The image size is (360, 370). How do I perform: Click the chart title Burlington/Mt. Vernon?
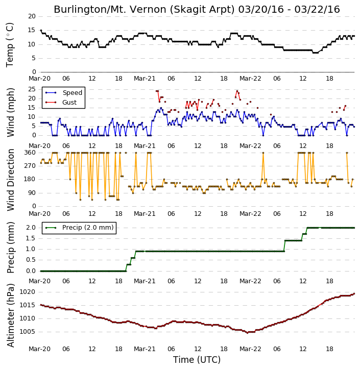(x=144, y=10)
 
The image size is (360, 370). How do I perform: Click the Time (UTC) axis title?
(x=197, y=360)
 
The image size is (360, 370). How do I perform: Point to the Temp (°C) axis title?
(x=10, y=45)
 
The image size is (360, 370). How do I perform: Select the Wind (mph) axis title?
(x=10, y=112)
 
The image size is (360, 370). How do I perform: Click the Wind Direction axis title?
(x=10, y=180)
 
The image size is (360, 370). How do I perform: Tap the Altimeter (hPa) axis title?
(x=10, y=315)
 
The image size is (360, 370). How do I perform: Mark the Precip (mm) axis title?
(x=10, y=248)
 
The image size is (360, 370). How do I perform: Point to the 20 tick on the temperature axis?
(x=32, y=16)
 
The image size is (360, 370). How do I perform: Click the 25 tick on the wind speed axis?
(x=32, y=89)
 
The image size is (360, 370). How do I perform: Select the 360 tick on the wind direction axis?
(x=30, y=153)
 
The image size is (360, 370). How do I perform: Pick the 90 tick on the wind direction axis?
(x=32, y=193)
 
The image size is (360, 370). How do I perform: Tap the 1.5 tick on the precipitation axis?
(x=31, y=238)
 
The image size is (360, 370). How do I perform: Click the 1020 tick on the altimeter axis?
(x=27, y=292)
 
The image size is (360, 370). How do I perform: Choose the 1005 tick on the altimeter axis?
(x=27, y=332)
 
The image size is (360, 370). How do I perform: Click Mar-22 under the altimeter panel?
(x=250, y=349)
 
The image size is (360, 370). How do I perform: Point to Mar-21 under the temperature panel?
(x=145, y=79)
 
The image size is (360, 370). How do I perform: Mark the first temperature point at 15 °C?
(x=41, y=30)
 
